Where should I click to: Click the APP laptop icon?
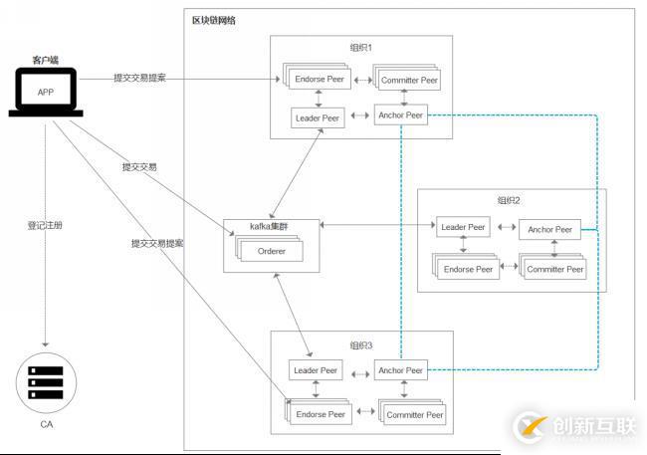[45, 94]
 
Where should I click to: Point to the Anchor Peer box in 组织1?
[400, 115]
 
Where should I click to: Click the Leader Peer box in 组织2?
[463, 227]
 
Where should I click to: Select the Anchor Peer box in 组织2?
[549, 229]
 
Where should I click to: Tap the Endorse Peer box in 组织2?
[468, 269]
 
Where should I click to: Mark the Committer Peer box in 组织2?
[553, 269]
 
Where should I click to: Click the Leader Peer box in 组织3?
[316, 370]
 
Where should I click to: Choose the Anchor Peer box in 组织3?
[400, 370]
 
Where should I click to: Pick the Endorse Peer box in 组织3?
[321, 413]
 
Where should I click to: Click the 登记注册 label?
[45, 225]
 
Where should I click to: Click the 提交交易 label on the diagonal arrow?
[139, 166]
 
